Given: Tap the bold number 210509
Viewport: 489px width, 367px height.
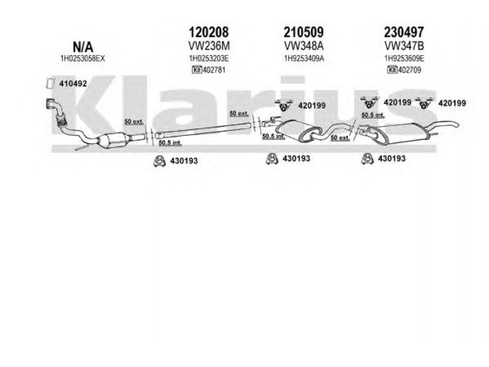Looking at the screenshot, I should tap(303, 32).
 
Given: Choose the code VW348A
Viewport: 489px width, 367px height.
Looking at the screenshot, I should tap(303, 46).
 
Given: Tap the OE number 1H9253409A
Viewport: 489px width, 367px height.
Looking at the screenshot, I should tap(303, 59).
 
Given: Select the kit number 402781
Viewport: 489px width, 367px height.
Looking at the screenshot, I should tap(214, 70).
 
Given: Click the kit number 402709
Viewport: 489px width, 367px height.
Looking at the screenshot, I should tap(410, 70).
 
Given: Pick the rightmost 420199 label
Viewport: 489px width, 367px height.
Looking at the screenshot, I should tap(452, 104).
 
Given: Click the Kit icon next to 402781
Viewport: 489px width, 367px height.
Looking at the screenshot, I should tap(197, 70).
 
